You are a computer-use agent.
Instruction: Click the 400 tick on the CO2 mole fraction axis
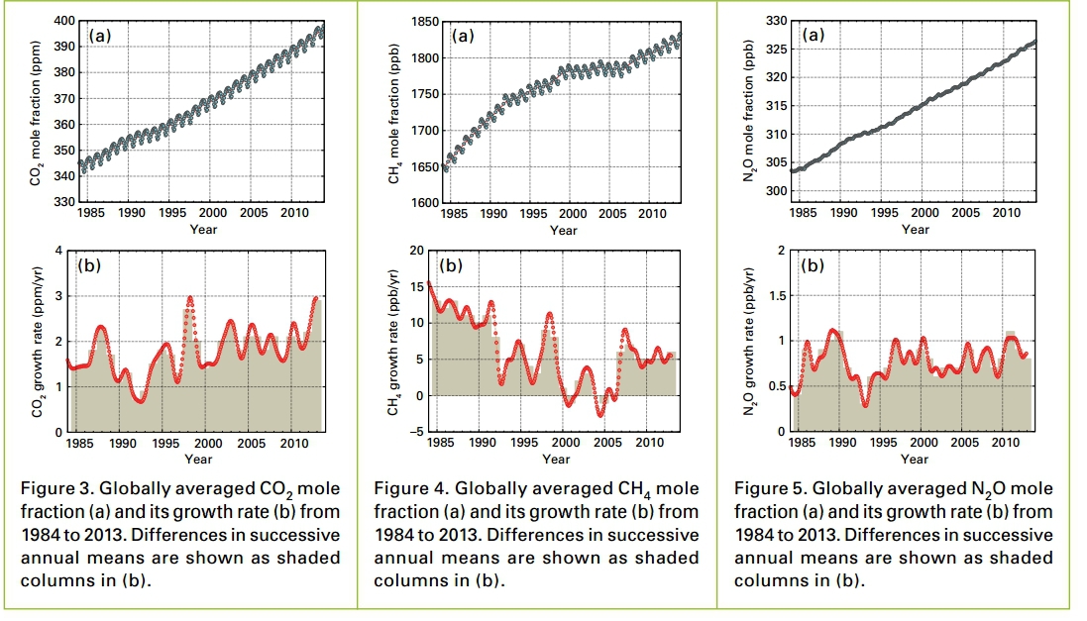pos(63,21)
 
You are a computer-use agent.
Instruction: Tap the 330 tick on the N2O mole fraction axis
pos(777,21)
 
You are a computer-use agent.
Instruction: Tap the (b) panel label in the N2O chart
pos(813,265)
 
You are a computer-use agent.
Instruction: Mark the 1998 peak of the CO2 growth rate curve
pos(190,297)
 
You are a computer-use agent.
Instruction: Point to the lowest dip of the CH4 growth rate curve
pos(599,414)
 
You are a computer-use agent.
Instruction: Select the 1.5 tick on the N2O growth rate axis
pos(776,296)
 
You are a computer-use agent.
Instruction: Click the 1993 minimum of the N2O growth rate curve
pos(865,405)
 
